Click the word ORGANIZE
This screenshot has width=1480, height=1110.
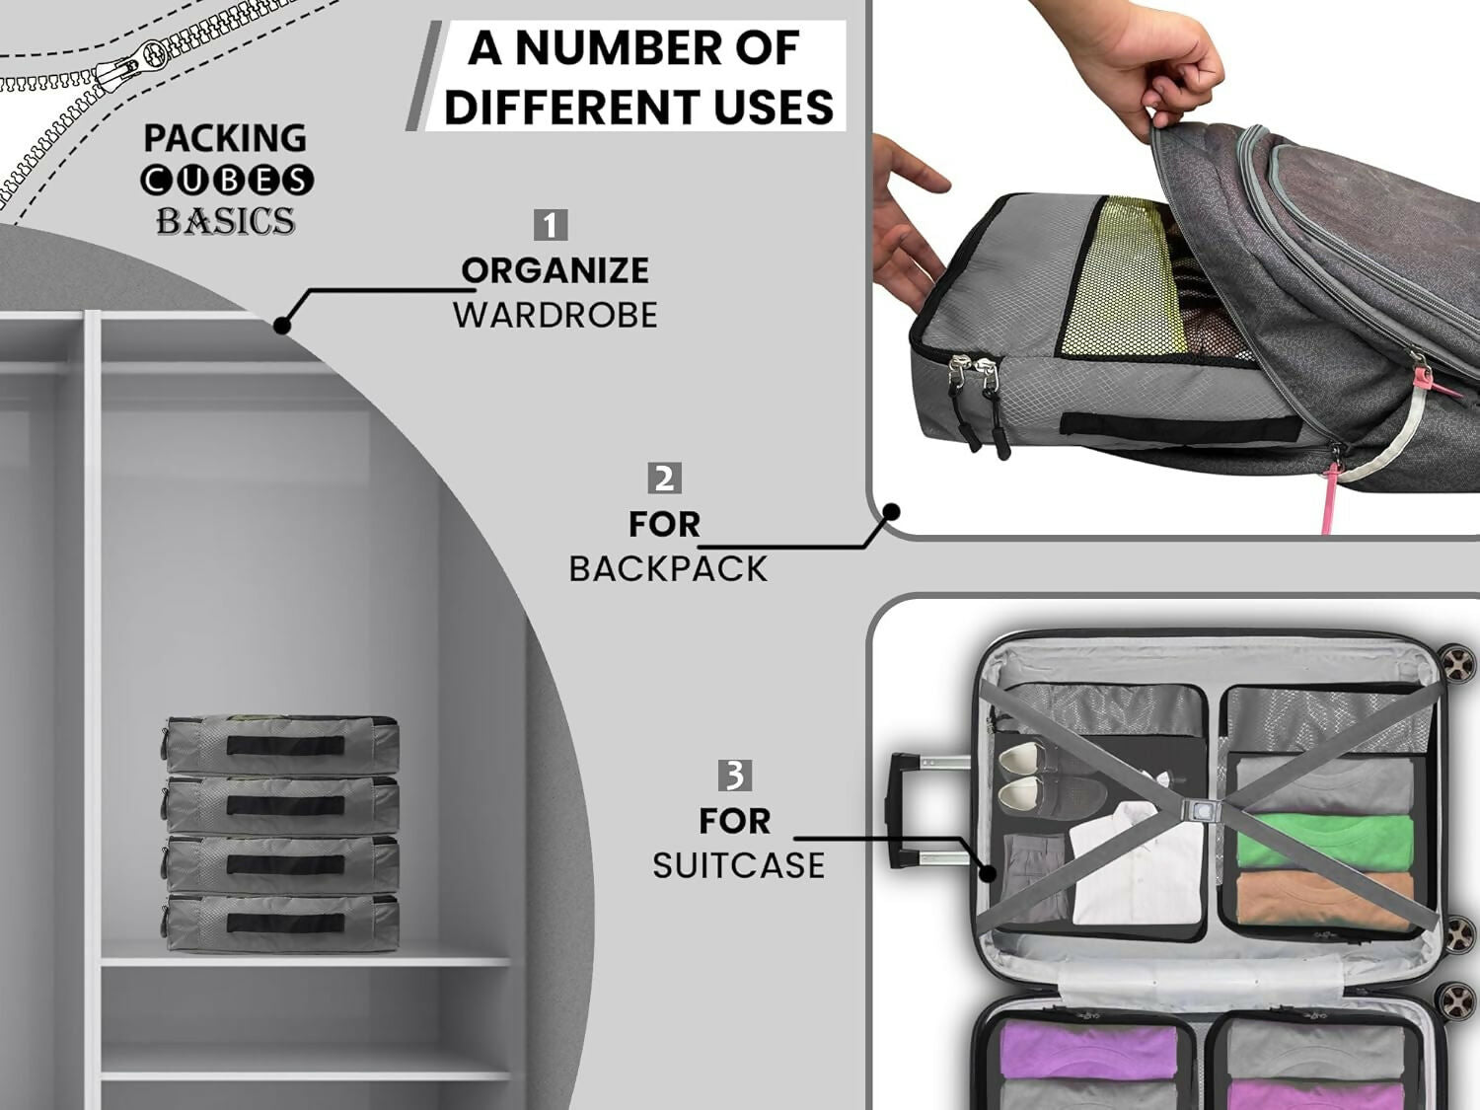coord(555,270)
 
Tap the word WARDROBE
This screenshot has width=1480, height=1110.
coord(555,316)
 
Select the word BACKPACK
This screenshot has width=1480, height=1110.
coord(668,569)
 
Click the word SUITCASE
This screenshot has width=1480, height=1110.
coord(738,865)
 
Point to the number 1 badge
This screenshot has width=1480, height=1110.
coord(551,225)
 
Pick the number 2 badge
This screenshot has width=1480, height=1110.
coord(664,479)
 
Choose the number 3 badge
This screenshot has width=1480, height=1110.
coord(734,776)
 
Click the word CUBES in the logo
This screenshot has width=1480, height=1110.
coord(226,181)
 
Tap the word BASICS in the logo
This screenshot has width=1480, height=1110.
coord(225,221)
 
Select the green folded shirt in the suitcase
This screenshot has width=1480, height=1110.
coord(1324,841)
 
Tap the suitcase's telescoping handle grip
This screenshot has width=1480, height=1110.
coord(899,809)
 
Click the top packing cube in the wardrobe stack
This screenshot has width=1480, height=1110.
coord(282,745)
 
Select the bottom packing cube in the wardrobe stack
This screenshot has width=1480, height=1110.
coord(282,923)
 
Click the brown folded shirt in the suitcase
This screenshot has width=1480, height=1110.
coord(1324,898)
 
